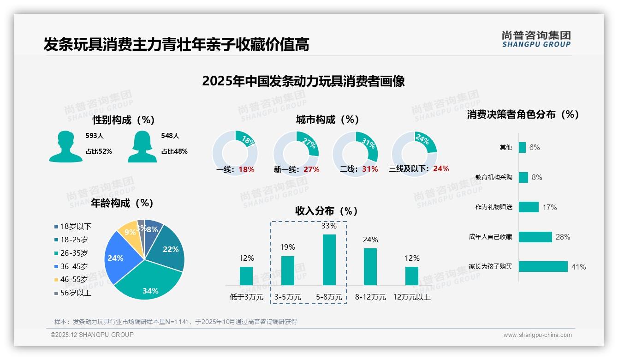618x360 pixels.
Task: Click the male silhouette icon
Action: click(x=65, y=146)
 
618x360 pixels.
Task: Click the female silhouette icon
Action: click(x=142, y=146)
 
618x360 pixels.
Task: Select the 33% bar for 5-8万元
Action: click(x=329, y=260)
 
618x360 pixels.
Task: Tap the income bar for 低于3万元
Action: click(x=246, y=276)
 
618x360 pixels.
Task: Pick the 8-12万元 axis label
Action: click(x=370, y=297)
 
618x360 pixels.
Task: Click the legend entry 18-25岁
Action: click(x=74, y=240)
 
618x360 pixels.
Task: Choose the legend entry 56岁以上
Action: click(x=76, y=293)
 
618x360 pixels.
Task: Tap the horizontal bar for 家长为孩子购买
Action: click(x=543, y=267)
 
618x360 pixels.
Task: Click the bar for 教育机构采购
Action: click(x=523, y=177)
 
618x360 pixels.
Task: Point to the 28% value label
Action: click(x=563, y=237)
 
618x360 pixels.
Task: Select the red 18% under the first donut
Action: click(x=246, y=169)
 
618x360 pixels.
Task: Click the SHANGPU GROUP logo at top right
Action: click(x=536, y=39)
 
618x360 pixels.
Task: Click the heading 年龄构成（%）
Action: click(x=122, y=203)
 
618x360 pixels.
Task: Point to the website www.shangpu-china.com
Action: click(x=537, y=335)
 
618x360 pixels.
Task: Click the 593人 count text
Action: click(x=95, y=136)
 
